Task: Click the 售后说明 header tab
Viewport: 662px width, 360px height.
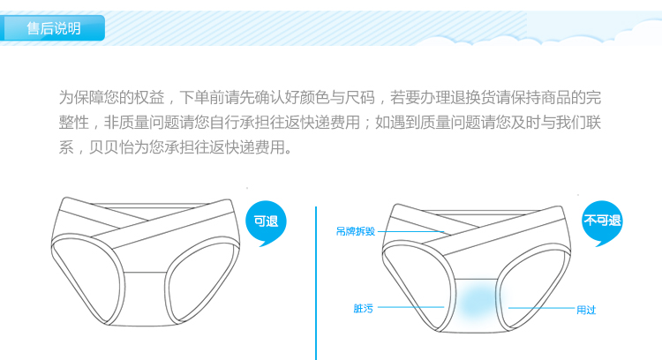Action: (54, 28)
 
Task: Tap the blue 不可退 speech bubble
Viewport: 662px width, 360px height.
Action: (602, 221)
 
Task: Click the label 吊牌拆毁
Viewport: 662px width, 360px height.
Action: (355, 231)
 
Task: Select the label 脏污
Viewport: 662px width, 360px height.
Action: (363, 309)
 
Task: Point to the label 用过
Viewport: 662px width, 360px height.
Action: (586, 310)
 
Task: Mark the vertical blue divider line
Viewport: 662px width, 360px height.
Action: (316, 282)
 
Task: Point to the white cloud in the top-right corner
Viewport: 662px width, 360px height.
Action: (609, 35)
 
